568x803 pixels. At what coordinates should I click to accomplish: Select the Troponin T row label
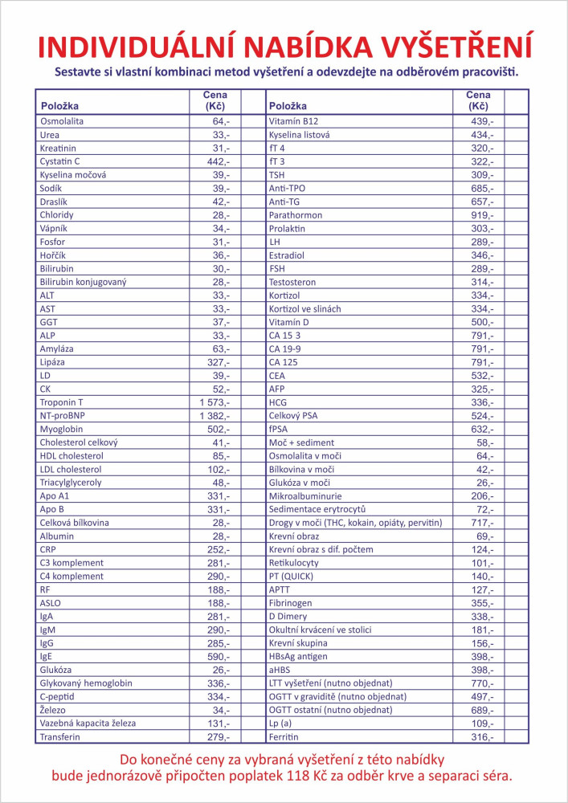pos(61,402)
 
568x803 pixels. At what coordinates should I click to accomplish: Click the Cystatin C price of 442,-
pos(216,161)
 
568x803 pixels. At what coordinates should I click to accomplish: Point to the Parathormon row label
pos(295,214)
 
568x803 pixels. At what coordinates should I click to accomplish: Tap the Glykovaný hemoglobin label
pos(87,683)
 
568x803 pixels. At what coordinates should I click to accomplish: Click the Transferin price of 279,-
pos(216,737)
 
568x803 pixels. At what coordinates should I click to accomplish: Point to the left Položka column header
pos(59,106)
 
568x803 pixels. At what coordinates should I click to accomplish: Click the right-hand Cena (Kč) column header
pos(478,100)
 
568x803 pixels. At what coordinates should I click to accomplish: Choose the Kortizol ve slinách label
pos(304,308)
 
